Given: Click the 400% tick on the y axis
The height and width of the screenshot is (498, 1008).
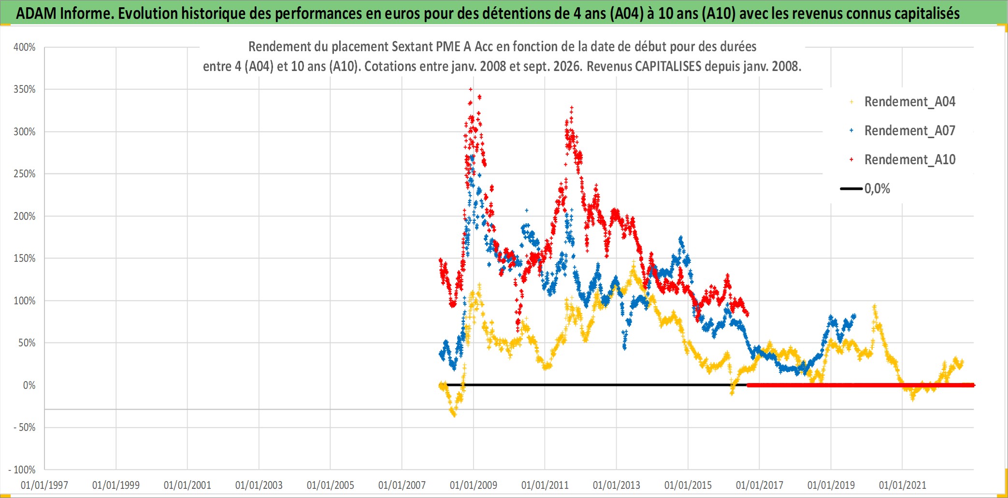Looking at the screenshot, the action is coord(24,47).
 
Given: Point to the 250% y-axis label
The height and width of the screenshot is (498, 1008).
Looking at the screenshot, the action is coord(24,174).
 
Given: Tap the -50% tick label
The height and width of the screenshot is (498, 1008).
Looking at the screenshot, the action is coord(24,427).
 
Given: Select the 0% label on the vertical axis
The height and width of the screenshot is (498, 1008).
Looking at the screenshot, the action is coord(29,385).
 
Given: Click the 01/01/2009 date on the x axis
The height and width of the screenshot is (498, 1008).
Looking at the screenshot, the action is coord(474,485).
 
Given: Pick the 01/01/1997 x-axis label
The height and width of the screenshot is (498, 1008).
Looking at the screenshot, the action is coord(44,485).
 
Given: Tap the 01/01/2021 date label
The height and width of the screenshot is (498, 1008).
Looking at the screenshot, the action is coord(903,485).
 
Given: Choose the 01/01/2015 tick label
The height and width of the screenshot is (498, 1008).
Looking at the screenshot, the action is coord(688,485).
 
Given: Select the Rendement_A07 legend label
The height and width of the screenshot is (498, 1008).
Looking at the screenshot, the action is coord(910,131).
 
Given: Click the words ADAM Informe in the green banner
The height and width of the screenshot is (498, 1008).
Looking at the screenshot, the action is coord(65,14).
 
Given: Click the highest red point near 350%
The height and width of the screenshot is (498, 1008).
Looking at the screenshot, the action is coord(471,89).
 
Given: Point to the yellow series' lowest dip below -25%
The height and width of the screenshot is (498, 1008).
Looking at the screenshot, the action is coord(454,414).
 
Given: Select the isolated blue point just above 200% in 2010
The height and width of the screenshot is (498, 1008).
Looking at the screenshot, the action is coord(527,210).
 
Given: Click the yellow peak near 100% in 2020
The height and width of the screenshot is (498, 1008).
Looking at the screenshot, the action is coord(874,306).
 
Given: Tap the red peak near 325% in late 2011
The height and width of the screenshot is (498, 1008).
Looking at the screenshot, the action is coord(572,108).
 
